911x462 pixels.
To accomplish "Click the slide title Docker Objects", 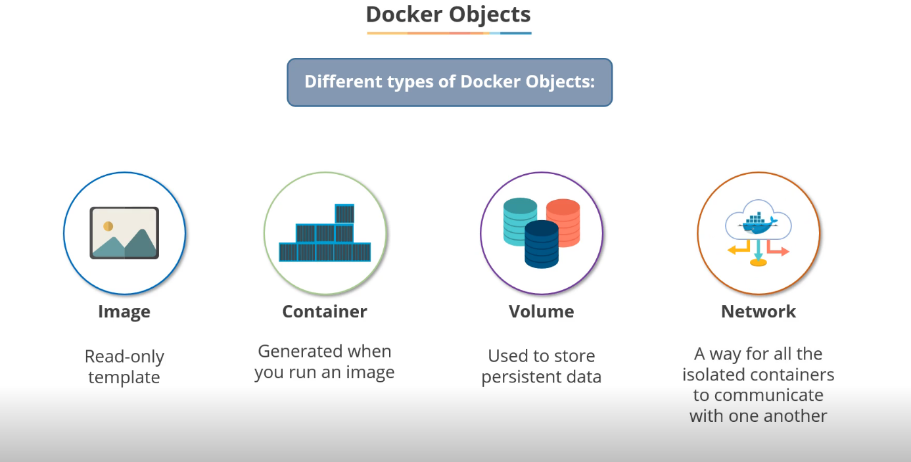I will coord(448,14).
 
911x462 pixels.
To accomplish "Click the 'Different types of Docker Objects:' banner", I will coord(450,82).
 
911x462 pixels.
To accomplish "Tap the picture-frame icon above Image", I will coord(124,233).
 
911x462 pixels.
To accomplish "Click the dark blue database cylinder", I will coord(542,244).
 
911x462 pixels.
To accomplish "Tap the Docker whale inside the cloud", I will coord(757,224).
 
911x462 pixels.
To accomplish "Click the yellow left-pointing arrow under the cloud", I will coord(739,250).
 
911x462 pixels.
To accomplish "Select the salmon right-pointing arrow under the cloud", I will coord(778,250).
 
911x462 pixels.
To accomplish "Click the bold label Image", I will coord(124,312).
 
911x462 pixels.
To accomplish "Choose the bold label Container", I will coord(325,312).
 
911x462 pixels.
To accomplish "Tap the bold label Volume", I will coord(542,312).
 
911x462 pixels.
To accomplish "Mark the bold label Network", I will coord(759,312).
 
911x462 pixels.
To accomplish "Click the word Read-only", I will coord(124,357).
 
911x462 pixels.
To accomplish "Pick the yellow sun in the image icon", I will coord(108,226).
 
